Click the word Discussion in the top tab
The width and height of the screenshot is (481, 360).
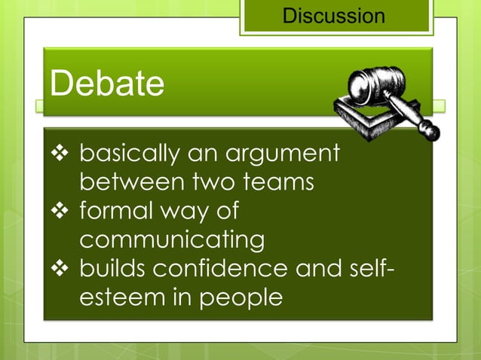click(333, 15)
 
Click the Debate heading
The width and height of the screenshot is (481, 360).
click(106, 84)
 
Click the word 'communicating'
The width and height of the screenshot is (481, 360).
click(172, 241)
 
